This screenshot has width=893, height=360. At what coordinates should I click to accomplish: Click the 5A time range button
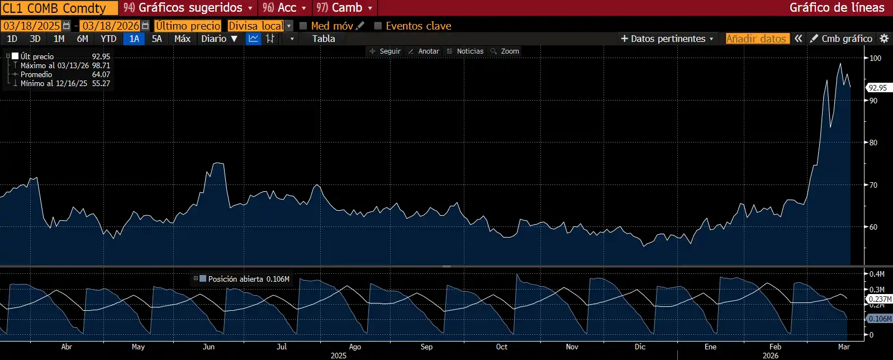[156, 39]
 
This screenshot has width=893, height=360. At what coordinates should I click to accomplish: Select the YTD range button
[108, 39]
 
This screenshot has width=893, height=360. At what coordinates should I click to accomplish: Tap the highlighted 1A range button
[134, 39]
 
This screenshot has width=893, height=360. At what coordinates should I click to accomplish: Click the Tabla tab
[324, 39]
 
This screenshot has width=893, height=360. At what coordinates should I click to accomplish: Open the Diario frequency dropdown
[219, 39]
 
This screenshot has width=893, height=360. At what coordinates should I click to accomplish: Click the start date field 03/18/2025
[32, 26]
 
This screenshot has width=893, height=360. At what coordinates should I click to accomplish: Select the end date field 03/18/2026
[111, 26]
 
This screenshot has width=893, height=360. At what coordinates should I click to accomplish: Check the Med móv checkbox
[303, 26]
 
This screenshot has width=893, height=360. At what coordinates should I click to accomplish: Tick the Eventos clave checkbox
[378, 26]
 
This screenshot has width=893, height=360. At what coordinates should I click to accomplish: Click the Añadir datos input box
[757, 39]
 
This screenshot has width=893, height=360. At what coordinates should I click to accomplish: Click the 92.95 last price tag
[877, 88]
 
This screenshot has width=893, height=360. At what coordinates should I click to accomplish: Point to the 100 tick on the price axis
[875, 58]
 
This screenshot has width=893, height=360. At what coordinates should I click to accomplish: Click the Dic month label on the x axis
[640, 347]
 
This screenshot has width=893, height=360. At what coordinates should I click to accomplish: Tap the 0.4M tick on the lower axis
[877, 274]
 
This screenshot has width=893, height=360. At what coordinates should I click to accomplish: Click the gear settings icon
[884, 39]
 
